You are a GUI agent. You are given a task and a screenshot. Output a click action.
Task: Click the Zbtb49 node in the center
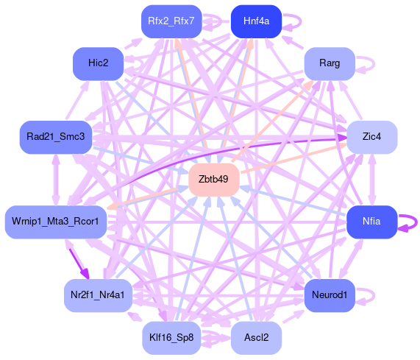point(213,180)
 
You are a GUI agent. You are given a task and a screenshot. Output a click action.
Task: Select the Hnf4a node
point(256,21)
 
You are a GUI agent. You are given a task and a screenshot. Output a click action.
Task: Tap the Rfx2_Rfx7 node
point(171,21)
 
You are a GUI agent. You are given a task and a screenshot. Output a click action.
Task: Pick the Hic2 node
point(99,63)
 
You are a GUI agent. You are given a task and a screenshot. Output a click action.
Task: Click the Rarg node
point(330,63)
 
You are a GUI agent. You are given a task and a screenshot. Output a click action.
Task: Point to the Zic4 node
point(371,137)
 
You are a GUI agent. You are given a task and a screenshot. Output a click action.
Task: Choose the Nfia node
point(371,222)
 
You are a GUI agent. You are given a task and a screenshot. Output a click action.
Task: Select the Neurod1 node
point(330,295)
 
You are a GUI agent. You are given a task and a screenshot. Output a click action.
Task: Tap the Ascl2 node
point(256,337)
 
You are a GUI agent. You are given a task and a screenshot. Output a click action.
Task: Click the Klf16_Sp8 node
point(171,337)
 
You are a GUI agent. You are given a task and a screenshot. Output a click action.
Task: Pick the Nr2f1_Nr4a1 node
point(98,295)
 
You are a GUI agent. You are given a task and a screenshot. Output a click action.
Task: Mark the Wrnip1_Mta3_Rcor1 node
point(56,222)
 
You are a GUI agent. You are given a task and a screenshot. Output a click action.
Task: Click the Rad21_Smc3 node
point(56,137)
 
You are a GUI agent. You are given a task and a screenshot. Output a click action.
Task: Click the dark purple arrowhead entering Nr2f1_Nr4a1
point(85,273)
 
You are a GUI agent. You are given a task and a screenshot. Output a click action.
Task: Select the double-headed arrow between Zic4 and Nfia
point(371,180)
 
